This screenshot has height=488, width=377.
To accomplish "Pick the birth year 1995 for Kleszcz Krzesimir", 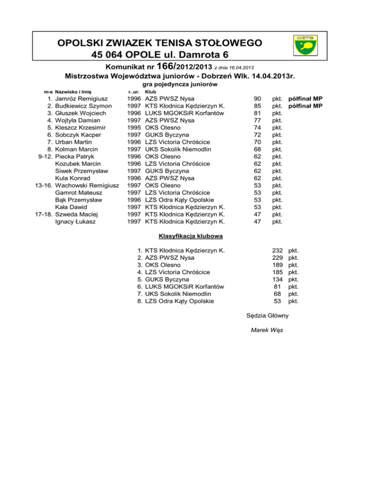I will [134, 128].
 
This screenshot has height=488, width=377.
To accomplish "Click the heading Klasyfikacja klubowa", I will [188, 237].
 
